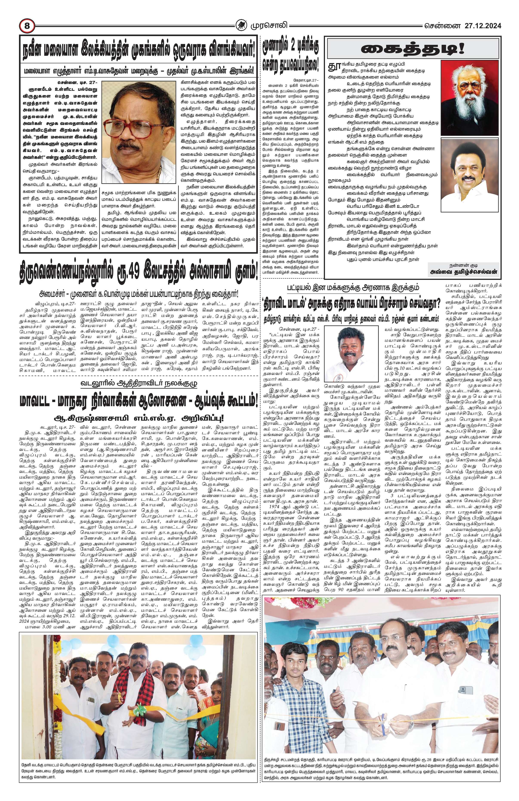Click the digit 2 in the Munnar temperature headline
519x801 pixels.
(x=293, y=45)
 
